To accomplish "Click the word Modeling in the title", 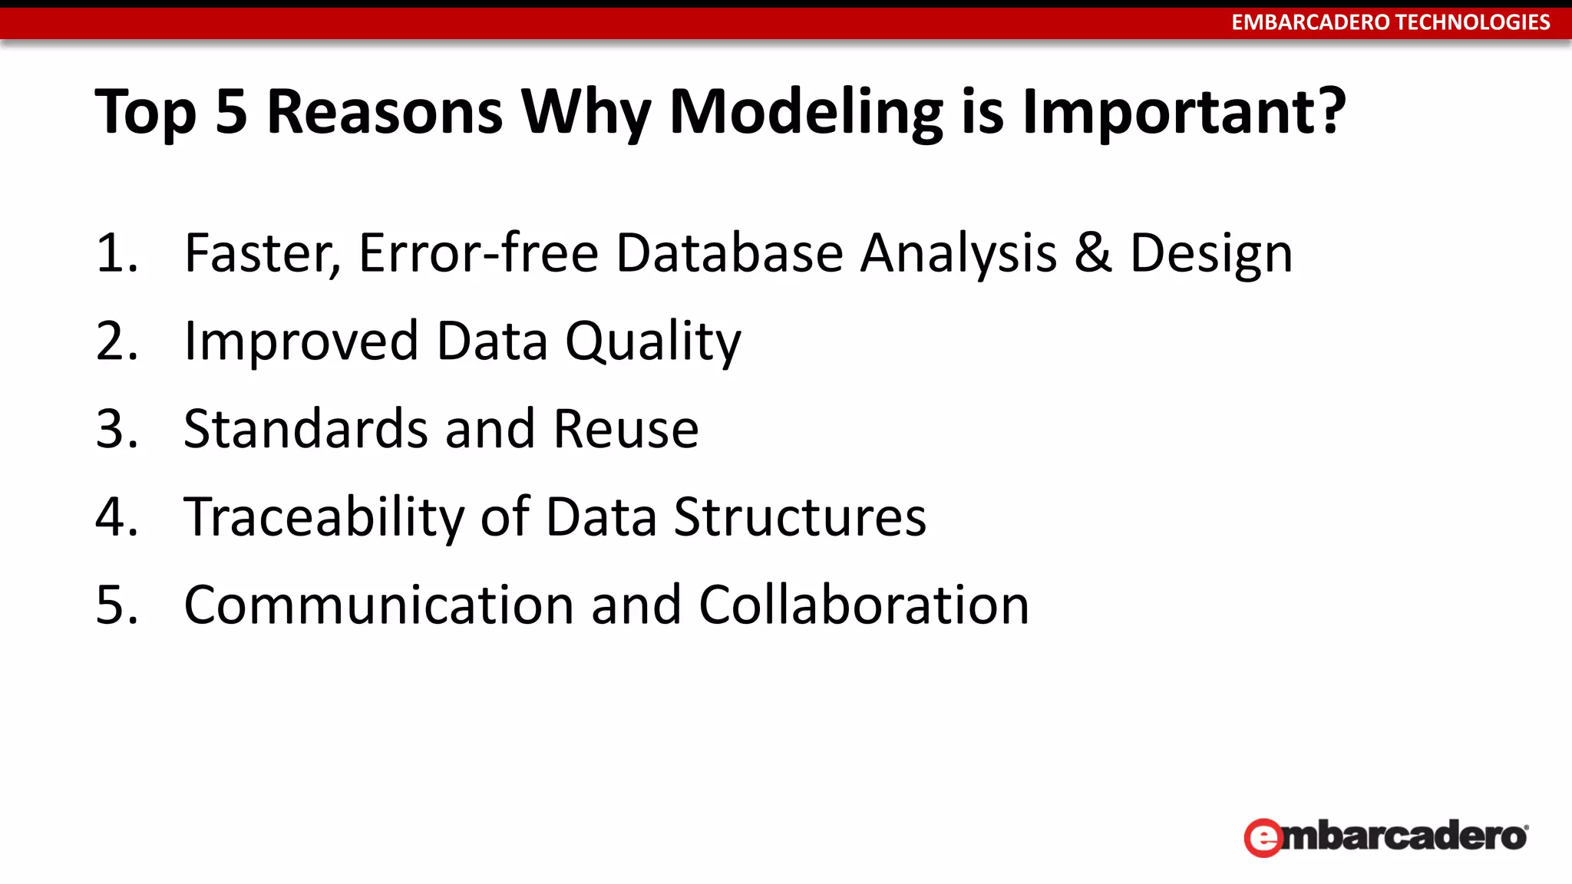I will click(x=806, y=113).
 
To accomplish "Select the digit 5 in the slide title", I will click(x=231, y=112).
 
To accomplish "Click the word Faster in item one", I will click(x=261, y=253).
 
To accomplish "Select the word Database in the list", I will click(x=729, y=253).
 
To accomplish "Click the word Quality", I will click(x=653, y=341).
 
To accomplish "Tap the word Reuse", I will click(x=626, y=429).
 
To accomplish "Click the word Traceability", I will click(x=323, y=517).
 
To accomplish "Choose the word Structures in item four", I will click(x=800, y=517).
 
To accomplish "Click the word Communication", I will click(x=379, y=605).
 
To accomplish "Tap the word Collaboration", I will click(x=864, y=605).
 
